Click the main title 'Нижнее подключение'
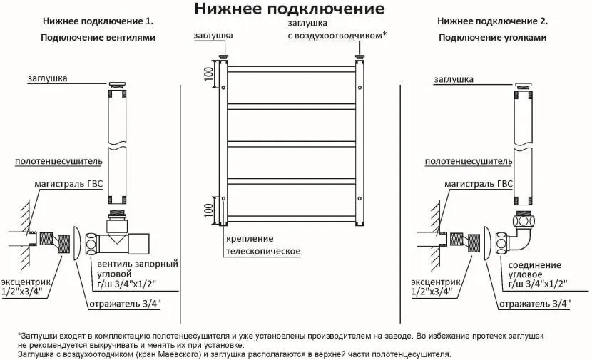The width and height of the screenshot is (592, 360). [x=289, y=9]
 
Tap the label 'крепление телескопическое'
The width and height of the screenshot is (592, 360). [x=262, y=245]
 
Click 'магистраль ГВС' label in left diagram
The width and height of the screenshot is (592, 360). [x=68, y=184]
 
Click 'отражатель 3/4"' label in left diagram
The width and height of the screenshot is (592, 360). [x=125, y=304]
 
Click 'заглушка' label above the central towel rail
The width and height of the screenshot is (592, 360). [x=213, y=34]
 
